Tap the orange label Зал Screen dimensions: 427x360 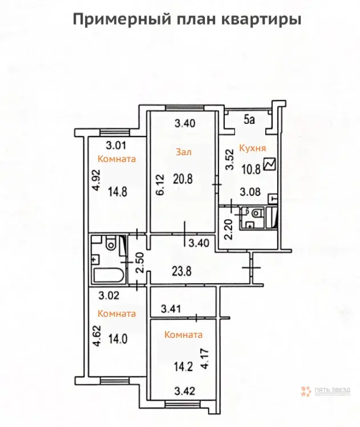pyautogui.click(x=183, y=152)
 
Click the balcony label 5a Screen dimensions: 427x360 pyautogui.click(x=249, y=120)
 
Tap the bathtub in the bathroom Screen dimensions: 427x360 pyautogui.click(x=108, y=275)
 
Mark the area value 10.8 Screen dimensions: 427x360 pyautogui.click(x=251, y=169)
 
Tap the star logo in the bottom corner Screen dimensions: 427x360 pyautogui.click(x=305, y=392)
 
